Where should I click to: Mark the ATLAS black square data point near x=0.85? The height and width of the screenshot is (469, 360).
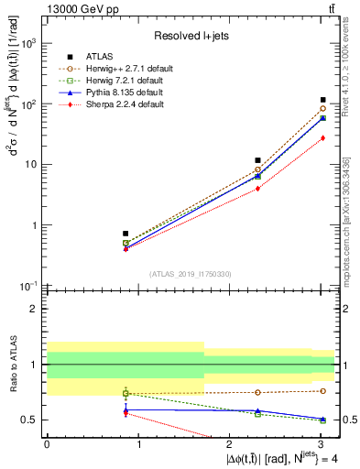click(x=125, y=234)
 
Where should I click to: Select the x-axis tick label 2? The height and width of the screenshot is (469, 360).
click(x=231, y=443)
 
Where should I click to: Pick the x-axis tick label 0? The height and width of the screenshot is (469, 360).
click(x=47, y=443)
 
